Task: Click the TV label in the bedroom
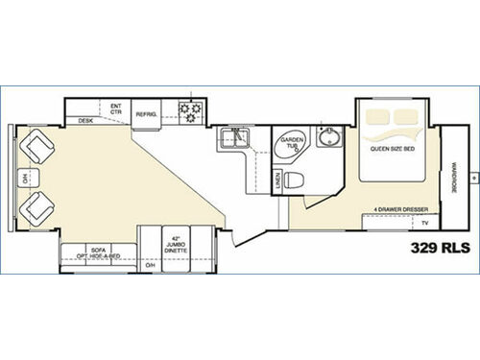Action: [x=423, y=222]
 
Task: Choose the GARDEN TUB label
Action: [x=291, y=145]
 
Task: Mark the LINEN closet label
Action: [x=277, y=179]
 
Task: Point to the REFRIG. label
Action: [x=147, y=113]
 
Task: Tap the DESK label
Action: [x=85, y=121]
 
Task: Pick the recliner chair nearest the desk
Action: [x=40, y=147]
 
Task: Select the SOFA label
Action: [x=96, y=248]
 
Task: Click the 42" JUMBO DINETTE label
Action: [x=173, y=244]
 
